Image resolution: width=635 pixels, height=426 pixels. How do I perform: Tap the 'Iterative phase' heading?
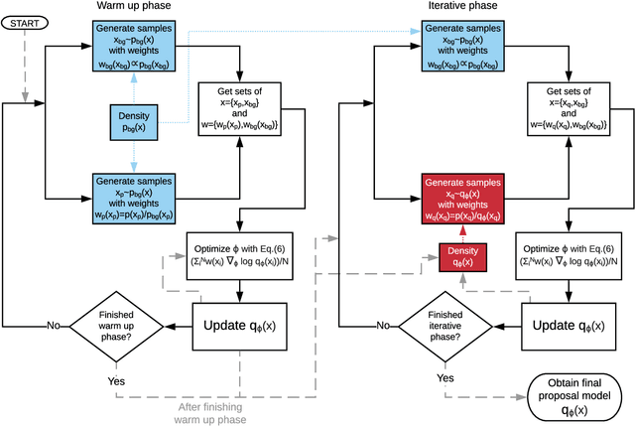pyautogui.click(x=467, y=7)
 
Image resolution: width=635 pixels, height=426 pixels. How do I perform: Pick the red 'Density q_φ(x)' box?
pyautogui.click(x=463, y=257)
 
